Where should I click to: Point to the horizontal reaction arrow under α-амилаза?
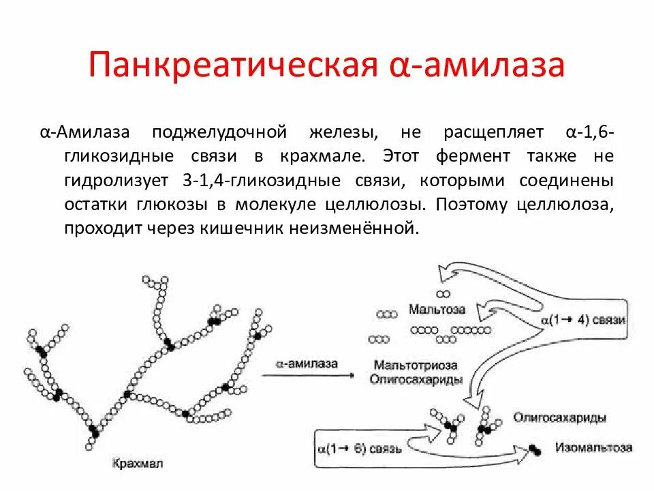(x=308, y=376)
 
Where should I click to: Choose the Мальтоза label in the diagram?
(x=437, y=309)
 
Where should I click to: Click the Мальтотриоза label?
(x=415, y=366)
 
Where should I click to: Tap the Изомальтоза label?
(x=593, y=448)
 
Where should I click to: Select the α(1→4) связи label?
(x=583, y=320)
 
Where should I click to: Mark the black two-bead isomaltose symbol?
(x=535, y=449)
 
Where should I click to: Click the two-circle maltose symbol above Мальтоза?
(x=443, y=295)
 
